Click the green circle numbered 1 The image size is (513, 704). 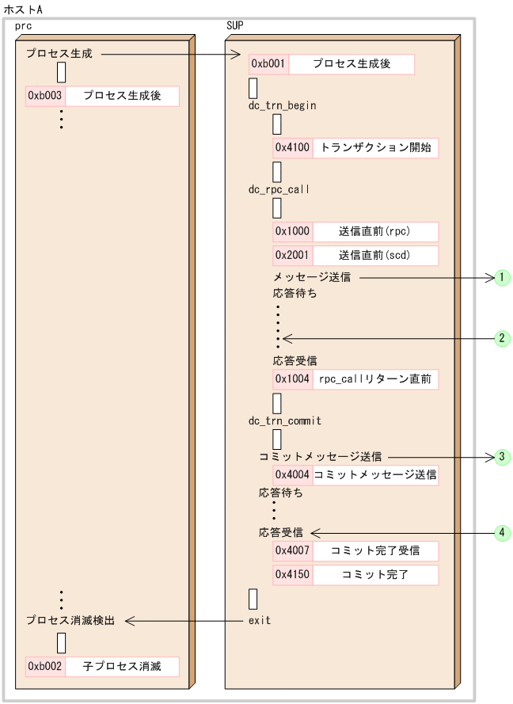tap(501, 277)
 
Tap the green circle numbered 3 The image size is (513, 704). tap(501, 457)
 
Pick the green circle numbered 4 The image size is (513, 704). tap(501, 533)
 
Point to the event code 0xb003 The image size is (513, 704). tap(45, 97)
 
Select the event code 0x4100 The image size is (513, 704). tap(293, 147)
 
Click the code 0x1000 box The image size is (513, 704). tap(293, 231)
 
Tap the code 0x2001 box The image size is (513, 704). tap(293, 255)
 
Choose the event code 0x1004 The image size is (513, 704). tap(293, 379)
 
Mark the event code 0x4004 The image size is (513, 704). tap(293, 475)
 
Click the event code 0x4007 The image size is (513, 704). tap(293, 550)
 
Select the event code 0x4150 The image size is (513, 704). tap(293, 574)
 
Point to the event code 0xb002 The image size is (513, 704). tap(45, 666)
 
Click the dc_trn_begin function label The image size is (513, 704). tap(283, 105)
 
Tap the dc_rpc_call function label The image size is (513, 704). tap(279, 189)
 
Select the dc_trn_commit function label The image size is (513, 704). tap(285, 420)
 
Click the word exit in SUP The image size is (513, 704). tap(260, 620)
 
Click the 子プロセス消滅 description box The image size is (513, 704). tap(122, 666)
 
